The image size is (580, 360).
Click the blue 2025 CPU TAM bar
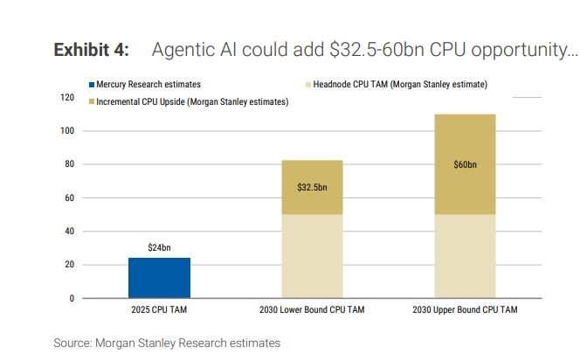tap(159, 278)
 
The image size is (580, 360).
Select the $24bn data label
tap(159, 248)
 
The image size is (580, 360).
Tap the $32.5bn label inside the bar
tap(312, 186)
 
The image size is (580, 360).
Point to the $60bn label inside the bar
tap(465, 164)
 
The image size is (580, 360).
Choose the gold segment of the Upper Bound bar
tap(465, 149)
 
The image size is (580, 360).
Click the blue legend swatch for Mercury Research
tap(92, 85)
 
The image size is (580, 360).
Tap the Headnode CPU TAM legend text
tap(399, 85)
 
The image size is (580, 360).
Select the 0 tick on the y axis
tap(72, 298)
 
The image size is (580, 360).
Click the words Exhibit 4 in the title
tap(92, 50)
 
